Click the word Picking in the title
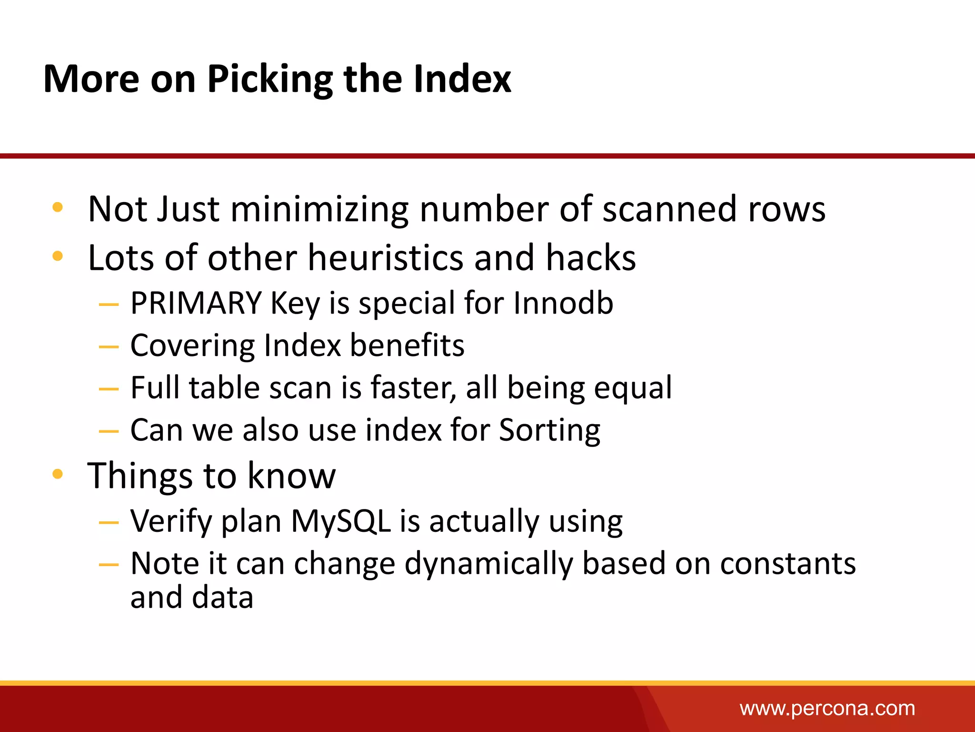tap(269, 79)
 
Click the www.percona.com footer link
tap(827, 708)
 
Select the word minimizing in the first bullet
tap(319, 210)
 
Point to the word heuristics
tap(385, 258)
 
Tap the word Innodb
tap(563, 303)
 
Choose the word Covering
tap(192, 346)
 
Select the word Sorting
tap(549, 430)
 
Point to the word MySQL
tap(341, 521)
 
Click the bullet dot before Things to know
tap(58, 474)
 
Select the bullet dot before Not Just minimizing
tap(58, 207)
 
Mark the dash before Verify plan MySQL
tap(109, 523)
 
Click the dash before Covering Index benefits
tap(109, 347)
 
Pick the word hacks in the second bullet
tap(590, 258)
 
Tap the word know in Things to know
tap(291, 476)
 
